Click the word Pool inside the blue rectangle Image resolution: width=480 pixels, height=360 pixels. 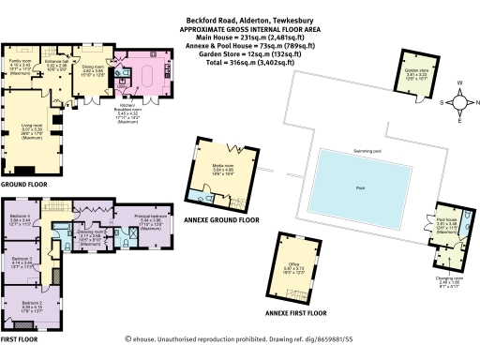pyautogui.click(x=360, y=187)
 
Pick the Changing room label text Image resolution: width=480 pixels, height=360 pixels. pyautogui.click(x=447, y=279)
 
